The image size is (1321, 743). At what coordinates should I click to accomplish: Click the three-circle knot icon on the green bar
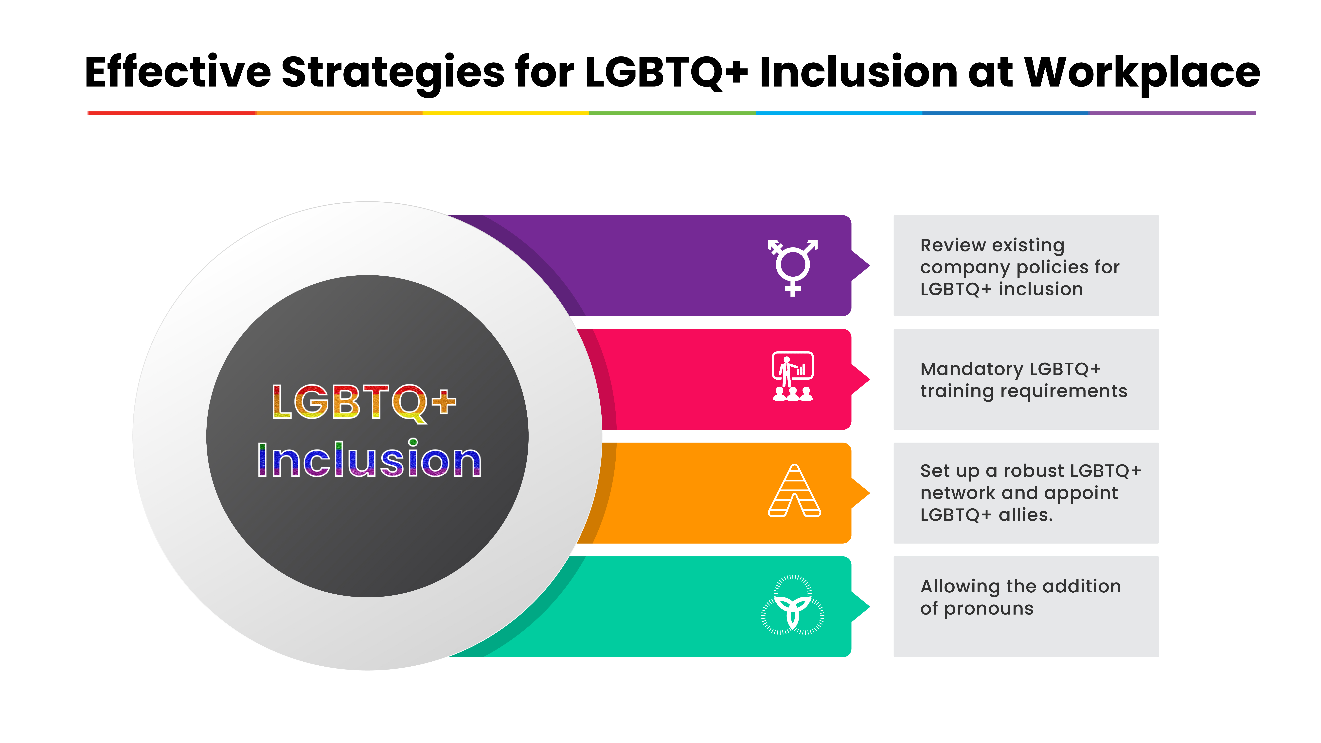pos(793,605)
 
